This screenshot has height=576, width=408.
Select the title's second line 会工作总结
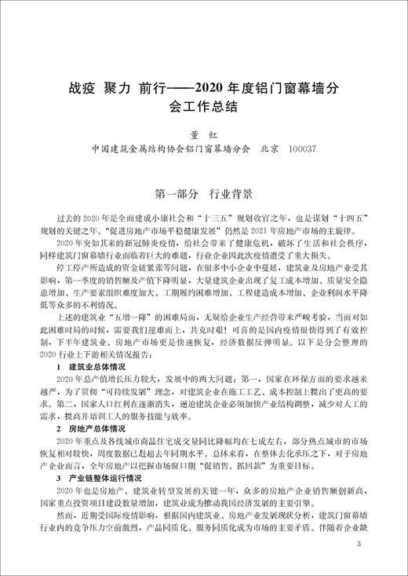coord(203,104)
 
